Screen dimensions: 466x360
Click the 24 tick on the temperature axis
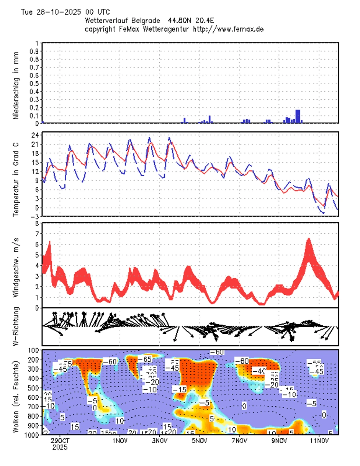point(34,135)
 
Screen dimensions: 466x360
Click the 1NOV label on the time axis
point(120,441)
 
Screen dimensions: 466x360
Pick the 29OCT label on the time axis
point(61,441)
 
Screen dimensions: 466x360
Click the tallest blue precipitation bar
point(298,116)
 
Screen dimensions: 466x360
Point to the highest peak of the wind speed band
point(309,240)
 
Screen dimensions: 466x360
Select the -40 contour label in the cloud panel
point(261,371)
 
